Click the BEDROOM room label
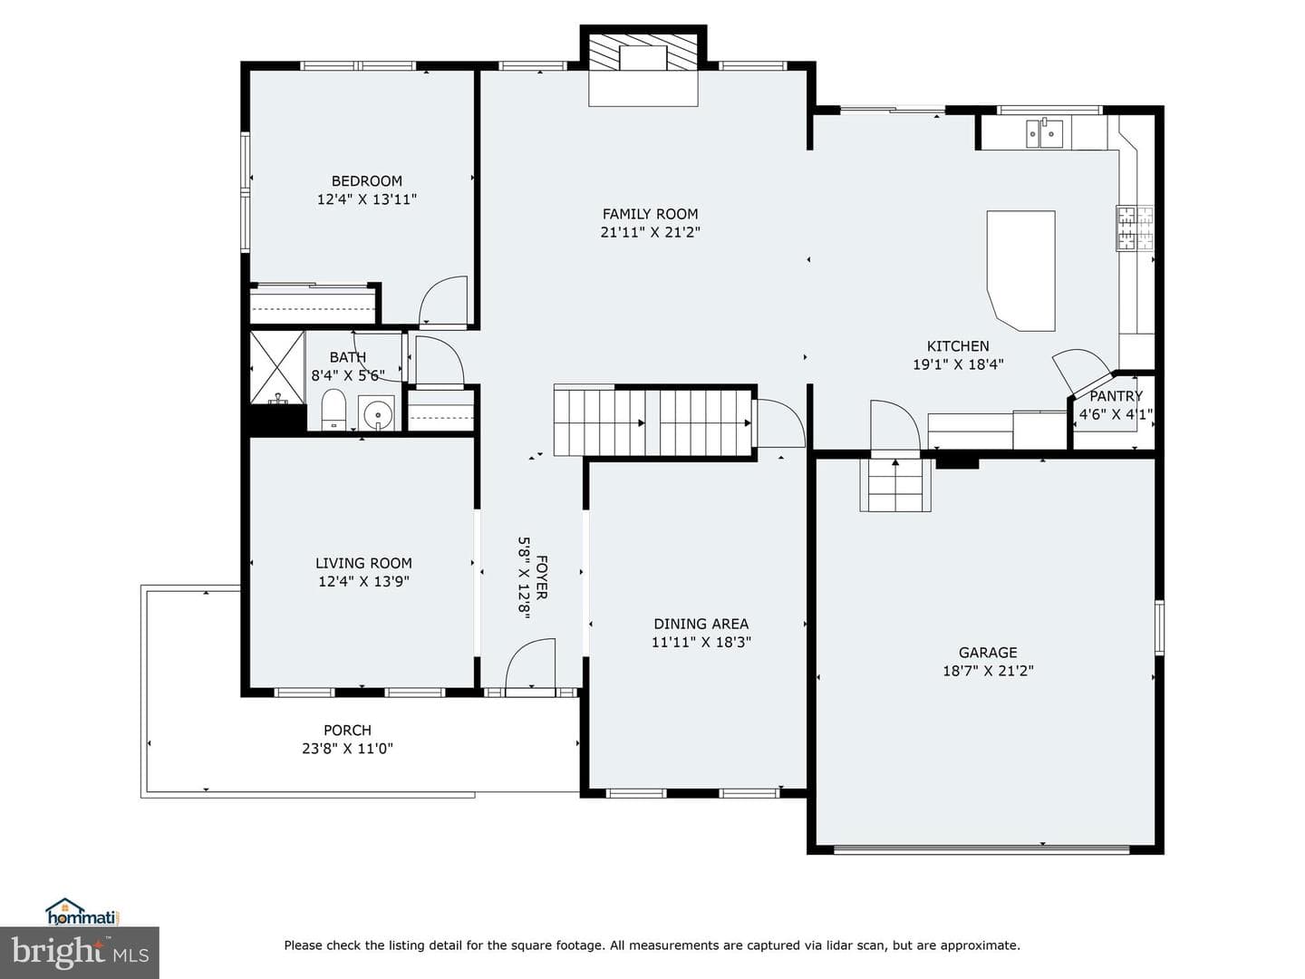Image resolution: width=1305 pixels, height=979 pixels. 366,180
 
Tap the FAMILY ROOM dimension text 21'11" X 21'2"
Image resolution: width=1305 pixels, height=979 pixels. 650,232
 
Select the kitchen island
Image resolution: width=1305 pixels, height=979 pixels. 1020,270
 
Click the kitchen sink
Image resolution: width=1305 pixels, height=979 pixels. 1044,134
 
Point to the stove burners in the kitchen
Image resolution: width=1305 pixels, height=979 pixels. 1135,228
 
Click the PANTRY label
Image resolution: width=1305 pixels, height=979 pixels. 1116,396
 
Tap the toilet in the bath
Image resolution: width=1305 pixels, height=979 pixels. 333,409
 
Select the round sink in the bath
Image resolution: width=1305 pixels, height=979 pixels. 376,412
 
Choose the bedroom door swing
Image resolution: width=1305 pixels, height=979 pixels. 443,301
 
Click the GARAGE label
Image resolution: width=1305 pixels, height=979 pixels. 988,653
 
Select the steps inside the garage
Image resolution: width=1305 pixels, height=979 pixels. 895,484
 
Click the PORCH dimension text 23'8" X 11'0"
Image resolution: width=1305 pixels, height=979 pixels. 347,749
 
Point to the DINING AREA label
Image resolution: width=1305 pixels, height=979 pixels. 701,625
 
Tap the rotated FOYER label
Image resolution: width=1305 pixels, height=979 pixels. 542,577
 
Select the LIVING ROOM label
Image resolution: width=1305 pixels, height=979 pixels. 363,563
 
